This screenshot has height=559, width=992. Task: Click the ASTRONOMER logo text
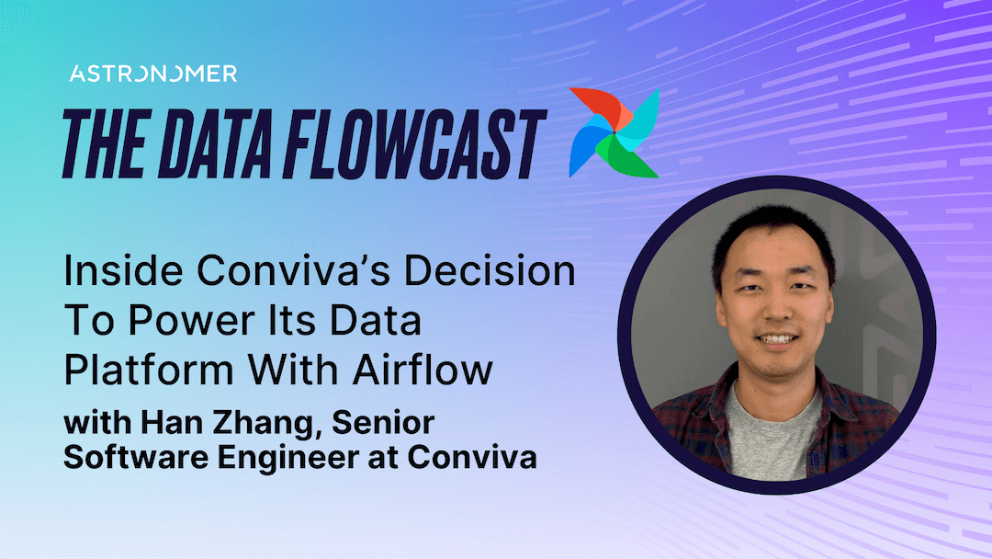click(152, 74)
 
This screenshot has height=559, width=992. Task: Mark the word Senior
click(385, 424)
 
